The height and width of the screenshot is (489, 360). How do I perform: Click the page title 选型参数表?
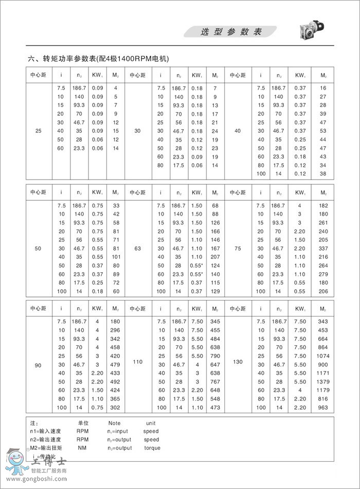click(231, 32)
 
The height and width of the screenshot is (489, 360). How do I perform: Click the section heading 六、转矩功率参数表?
click(98, 59)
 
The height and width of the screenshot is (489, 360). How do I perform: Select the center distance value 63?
click(137, 248)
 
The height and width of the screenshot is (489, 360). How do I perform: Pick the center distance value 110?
click(137, 362)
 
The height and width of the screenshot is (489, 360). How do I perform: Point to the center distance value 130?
click(237, 362)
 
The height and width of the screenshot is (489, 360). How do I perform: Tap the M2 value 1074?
click(322, 355)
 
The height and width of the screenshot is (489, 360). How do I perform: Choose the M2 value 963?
click(322, 407)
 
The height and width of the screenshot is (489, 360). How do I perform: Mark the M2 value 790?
click(215, 355)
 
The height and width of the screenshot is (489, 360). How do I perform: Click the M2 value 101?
click(115, 256)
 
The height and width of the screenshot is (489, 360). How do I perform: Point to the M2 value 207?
click(215, 256)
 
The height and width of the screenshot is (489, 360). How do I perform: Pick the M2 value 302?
click(115, 407)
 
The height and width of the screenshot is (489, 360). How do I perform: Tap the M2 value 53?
click(323, 131)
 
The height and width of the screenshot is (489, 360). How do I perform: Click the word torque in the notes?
click(152, 448)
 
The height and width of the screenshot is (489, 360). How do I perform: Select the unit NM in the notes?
click(82, 448)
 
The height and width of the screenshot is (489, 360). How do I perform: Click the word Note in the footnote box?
click(114, 423)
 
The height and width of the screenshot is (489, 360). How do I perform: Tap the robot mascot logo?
click(17, 461)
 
